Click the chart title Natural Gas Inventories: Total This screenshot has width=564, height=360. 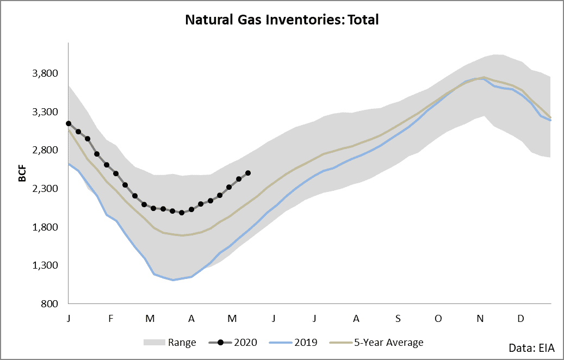(x=282, y=20)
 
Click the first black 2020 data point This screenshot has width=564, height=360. (x=69, y=124)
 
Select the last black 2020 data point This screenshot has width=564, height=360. (x=248, y=173)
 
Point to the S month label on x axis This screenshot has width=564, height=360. (x=398, y=318)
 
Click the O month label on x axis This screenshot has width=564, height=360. (x=438, y=318)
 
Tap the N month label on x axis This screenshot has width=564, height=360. (x=480, y=318)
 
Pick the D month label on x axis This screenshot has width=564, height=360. (x=520, y=318)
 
